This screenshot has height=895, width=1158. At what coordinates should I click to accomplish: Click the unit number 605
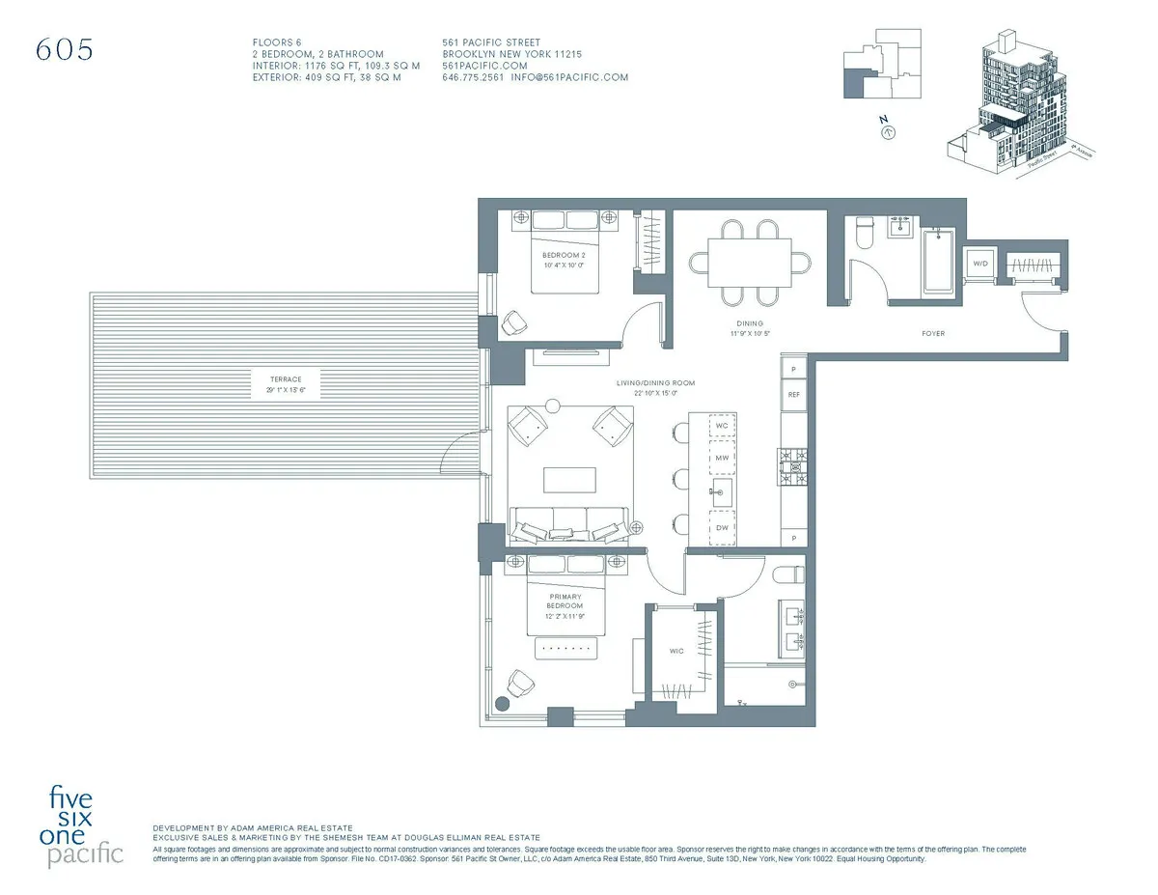(x=65, y=51)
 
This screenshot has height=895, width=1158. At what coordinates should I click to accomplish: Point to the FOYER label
(x=932, y=333)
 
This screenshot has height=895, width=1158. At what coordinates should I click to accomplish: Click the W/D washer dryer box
(x=980, y=264)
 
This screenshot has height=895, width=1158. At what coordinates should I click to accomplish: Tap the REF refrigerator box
(x=794, y=395)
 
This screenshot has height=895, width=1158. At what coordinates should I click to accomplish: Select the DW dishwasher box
(x=722, y=527)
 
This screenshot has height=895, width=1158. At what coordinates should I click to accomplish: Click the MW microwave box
(x=722, y=458)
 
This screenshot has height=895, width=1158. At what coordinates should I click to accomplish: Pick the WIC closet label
(x=677, y=651)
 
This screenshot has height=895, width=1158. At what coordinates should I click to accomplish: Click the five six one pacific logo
(x=87, y=826)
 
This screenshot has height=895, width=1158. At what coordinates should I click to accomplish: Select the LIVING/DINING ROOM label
(x=655, y=383)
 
